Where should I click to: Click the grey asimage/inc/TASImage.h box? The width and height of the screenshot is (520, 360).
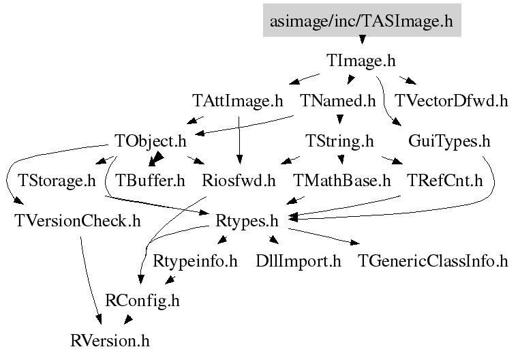pos(361,21)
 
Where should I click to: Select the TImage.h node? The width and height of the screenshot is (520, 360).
pos(361,61)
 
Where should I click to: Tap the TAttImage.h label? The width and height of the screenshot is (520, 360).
pos(237,102)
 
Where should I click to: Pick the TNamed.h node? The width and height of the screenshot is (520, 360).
pos(338,102)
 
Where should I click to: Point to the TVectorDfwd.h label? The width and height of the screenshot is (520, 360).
pos(452,102)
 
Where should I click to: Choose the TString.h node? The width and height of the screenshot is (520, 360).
pos(339,142)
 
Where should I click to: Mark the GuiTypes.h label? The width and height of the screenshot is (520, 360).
pos(449,142)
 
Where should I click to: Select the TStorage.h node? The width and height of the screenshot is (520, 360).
pos(57,181)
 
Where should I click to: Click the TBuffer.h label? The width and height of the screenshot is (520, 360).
pos(151,181)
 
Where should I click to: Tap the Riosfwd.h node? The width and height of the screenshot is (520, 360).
pos(239,181)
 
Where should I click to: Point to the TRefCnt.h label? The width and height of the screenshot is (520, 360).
pos(444,181)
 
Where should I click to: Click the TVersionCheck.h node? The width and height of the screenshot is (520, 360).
pos(78,221)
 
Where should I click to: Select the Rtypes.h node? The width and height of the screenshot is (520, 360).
pos(247,221)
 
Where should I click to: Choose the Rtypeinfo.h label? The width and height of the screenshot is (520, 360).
pos(195,260)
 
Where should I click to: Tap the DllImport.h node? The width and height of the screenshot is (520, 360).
pos(298,260)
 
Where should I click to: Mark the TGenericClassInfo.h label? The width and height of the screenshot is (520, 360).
pos(433,260)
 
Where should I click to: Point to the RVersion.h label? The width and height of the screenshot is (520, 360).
pos(110,340)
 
